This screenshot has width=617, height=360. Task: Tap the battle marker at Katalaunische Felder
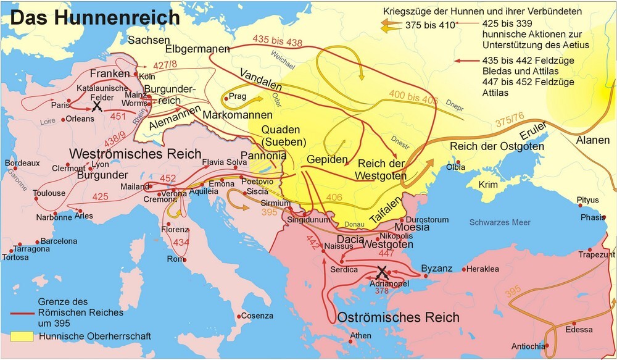coord(97,106)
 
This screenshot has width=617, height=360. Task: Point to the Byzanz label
coord(436,268)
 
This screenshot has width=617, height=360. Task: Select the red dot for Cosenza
coord(242,315)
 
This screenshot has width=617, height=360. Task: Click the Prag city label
coord(238,96)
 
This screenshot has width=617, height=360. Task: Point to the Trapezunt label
coord(597,254)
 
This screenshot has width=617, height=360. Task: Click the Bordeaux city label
coord(22,163)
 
